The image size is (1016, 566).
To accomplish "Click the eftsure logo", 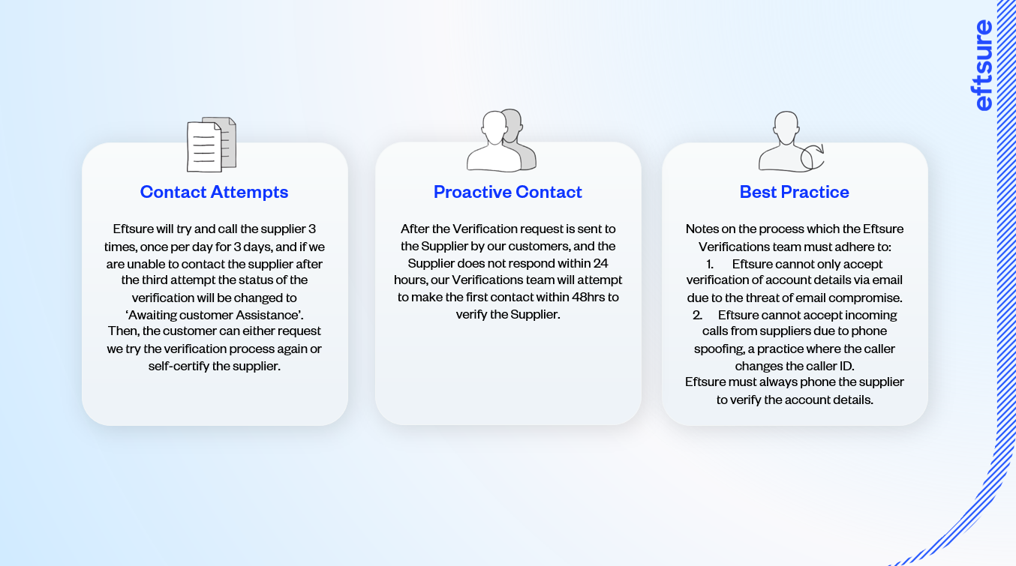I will click(982, 66).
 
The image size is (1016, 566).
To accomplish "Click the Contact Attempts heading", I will click(214, 192).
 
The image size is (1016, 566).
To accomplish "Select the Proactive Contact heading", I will click(507, 192).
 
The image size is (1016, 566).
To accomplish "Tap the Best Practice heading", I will click(794, 192).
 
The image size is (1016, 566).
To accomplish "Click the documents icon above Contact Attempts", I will click(212, 144).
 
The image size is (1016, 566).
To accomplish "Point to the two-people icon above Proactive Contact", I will click(501, 141).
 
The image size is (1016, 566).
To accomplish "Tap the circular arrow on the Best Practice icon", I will click(812, 157).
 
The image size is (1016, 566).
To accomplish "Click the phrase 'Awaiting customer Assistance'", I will click(214, 314).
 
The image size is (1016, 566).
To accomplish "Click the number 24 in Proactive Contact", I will click(600, 263).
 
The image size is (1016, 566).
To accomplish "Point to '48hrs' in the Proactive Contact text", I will click(588, 297).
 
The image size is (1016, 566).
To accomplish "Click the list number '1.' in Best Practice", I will click(709, 264).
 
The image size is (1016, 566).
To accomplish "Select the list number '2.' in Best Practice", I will click(697, 315).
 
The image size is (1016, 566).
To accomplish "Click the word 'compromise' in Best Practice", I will click(869, 298).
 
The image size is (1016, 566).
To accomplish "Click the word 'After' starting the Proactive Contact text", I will click(415, 229).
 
